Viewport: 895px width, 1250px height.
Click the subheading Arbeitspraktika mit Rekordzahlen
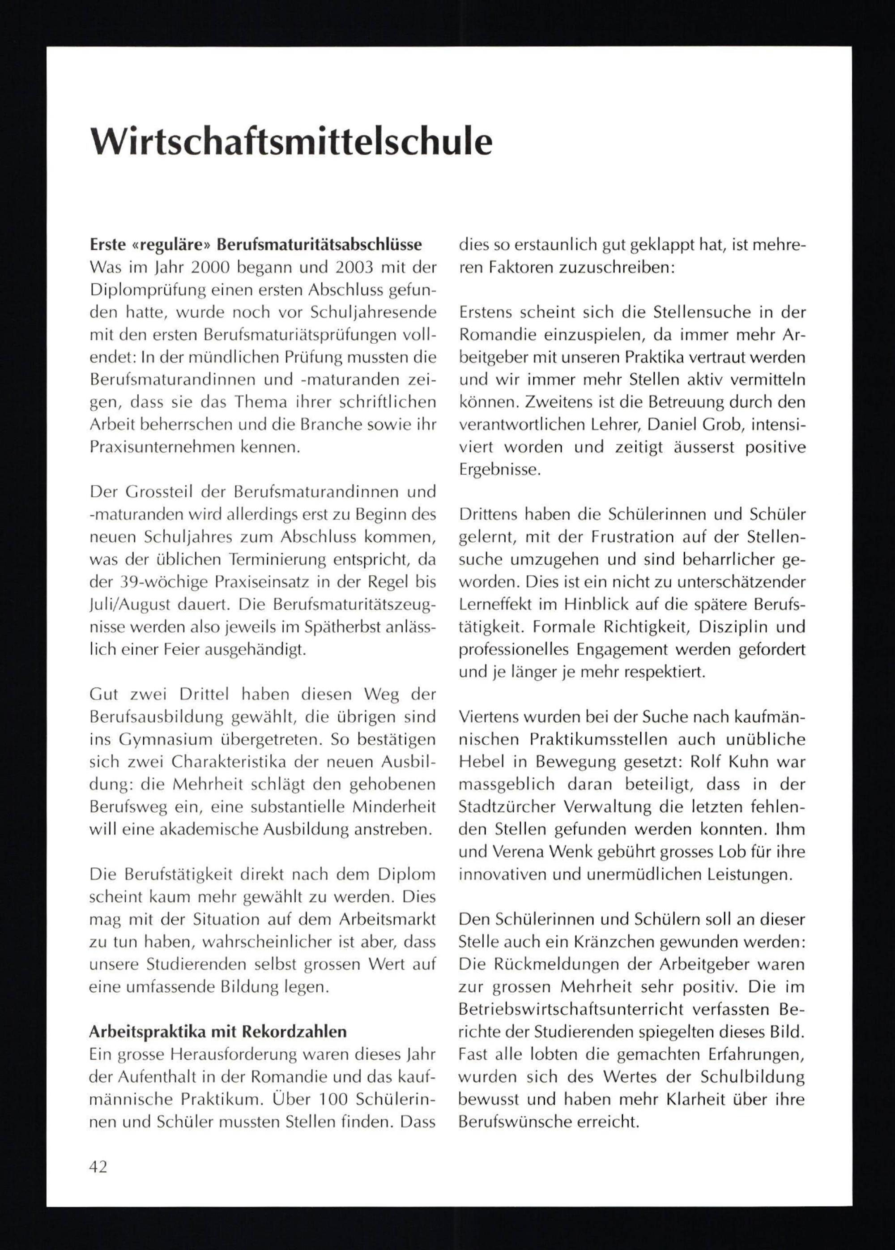tap(218, 1031)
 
